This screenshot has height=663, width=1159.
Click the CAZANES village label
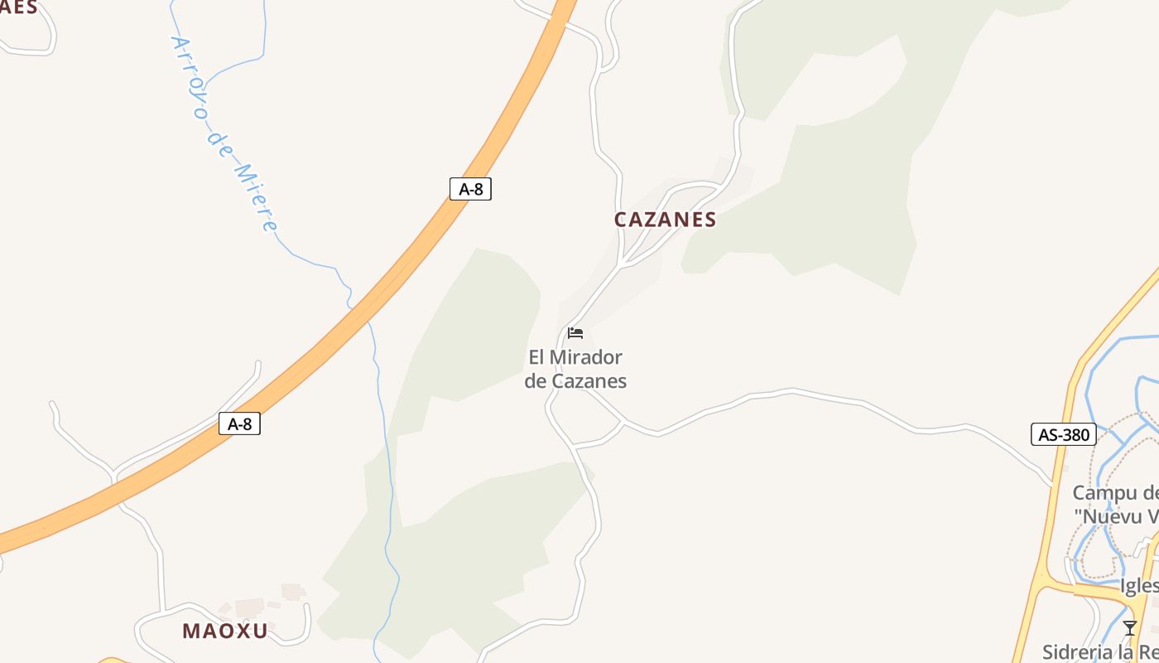[665, 220]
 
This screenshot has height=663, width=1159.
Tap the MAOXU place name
[225, 631]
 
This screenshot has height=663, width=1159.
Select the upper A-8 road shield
[470, 189]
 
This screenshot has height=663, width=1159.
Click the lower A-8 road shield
[239, 424]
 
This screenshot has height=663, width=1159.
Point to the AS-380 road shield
[1064, 434]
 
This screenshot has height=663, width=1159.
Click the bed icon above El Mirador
[575, 333]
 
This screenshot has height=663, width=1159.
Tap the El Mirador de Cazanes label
[575, 370]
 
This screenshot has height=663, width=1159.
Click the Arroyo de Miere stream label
[224, 133]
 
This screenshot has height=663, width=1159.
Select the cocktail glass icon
[1129, 627]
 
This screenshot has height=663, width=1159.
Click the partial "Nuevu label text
[1116, 516]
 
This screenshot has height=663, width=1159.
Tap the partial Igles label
[1139, 586]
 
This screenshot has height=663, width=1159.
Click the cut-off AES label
[19, 8]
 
